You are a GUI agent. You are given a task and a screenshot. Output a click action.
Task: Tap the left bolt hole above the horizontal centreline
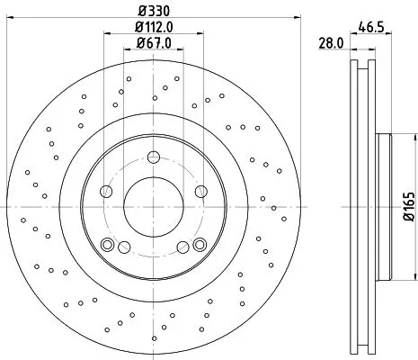pyautogui.click(x=106, y=190)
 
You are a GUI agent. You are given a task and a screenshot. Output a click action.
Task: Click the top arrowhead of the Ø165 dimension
pyautogui.click(x=396, y=137)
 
